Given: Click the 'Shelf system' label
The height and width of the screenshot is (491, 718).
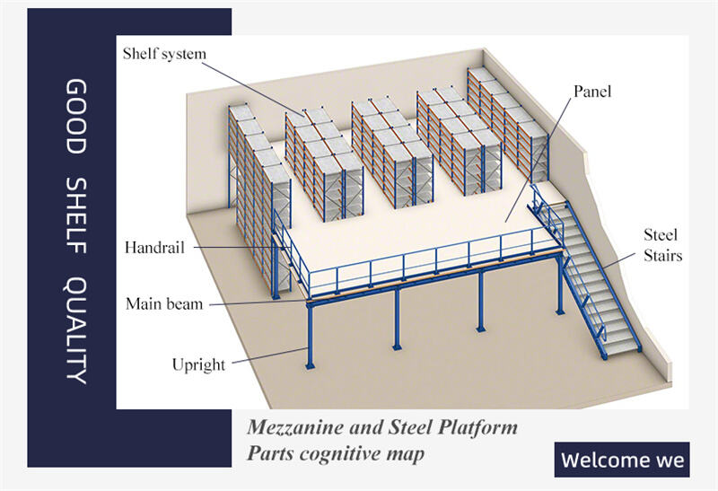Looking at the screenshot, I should click(164, 54).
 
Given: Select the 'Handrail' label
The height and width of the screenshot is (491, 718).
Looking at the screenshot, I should click(155, 248).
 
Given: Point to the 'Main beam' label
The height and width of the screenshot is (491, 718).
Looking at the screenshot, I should click(164, 303).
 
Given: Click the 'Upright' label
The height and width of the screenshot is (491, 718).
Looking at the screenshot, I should click(198, 364).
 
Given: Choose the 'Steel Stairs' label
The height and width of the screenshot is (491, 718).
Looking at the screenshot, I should click(662, 245).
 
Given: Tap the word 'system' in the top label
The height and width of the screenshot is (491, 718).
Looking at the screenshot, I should click(184, 54).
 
